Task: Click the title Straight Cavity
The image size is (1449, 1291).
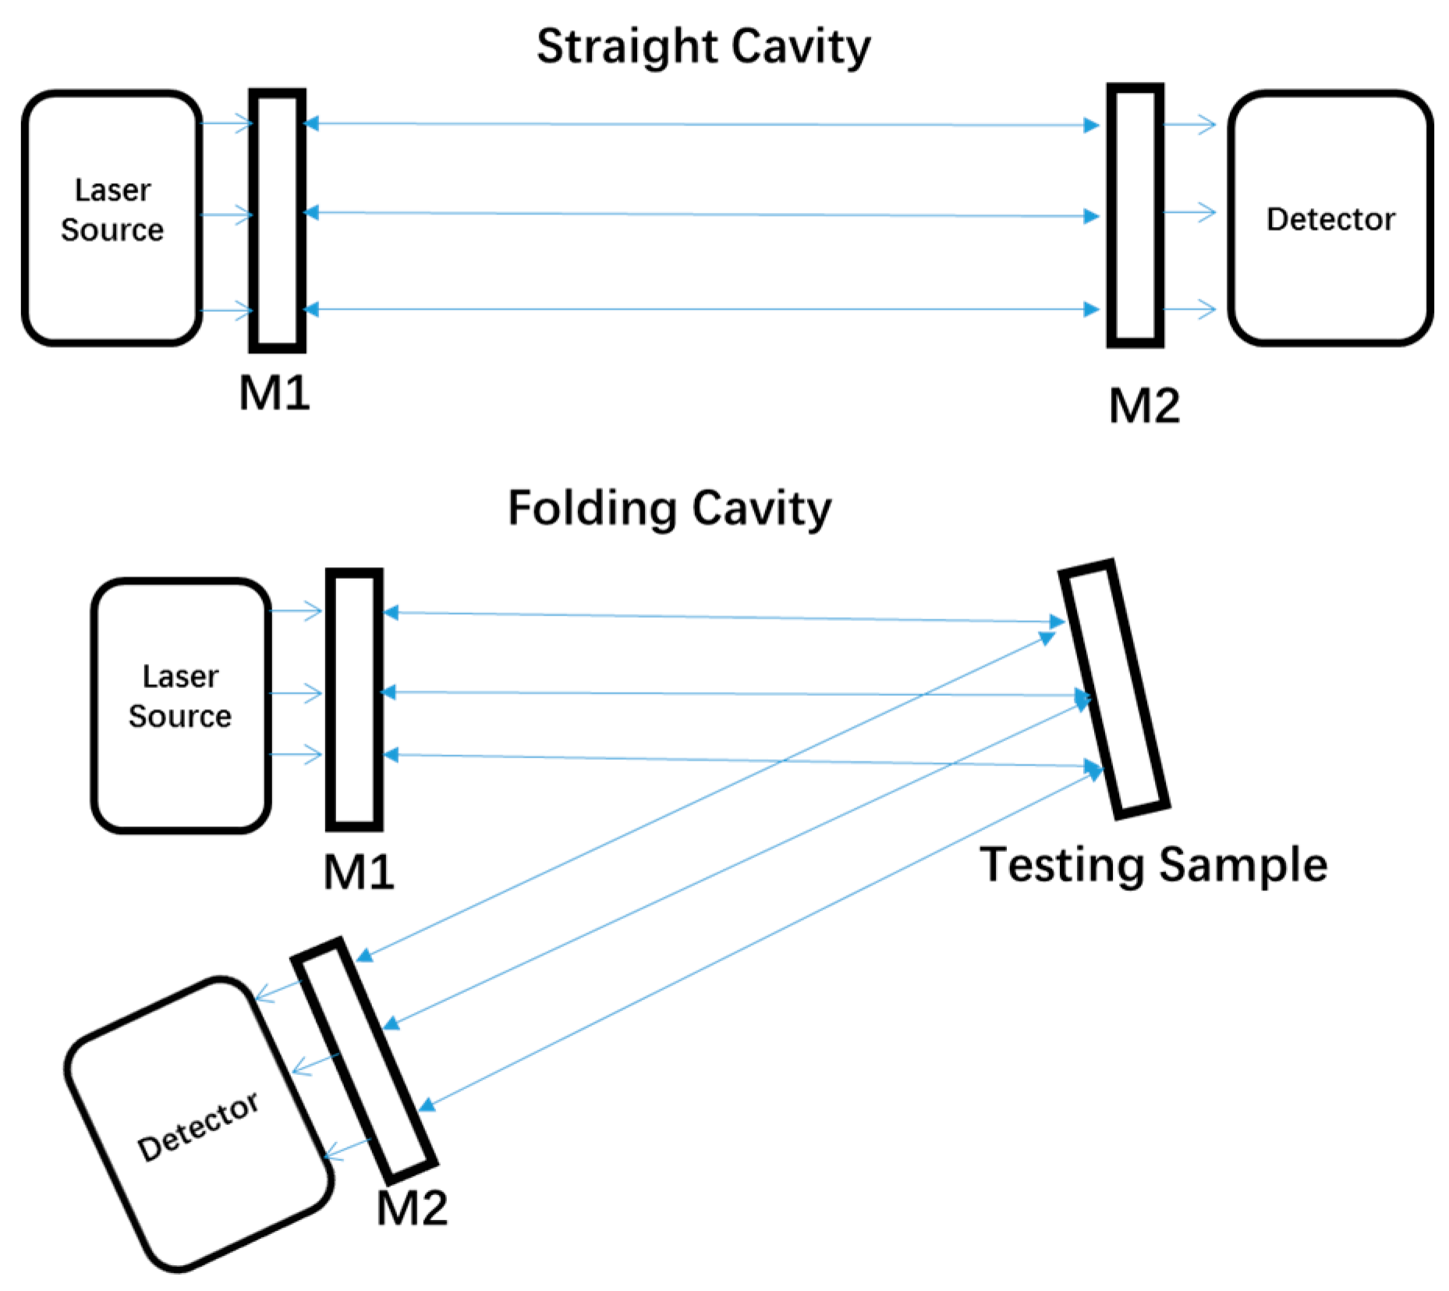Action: (703, 47)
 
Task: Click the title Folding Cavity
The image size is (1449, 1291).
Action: (669, 509)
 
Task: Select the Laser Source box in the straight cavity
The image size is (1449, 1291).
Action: (112, 218)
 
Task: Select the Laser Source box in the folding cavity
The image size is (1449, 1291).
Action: (181, 705)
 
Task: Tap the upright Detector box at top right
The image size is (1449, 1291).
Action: (1330, 218)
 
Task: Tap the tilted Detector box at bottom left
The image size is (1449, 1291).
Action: (199, 1124)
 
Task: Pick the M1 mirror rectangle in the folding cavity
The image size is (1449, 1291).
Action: (354, 699)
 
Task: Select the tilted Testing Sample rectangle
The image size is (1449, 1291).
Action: (1114, 690)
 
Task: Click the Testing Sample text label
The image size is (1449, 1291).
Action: (1153, 865)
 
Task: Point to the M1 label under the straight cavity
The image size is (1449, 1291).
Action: (275, 393)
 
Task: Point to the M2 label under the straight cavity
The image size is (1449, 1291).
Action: (1144, 406)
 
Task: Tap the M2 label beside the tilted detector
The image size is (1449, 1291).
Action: (412, 1208)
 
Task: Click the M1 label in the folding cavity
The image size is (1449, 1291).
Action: (359, 872)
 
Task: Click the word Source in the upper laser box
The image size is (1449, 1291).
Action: (112, 230)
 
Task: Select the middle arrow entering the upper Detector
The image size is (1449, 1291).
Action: (1190, 212)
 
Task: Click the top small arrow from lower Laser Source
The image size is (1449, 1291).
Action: (297, 611)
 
